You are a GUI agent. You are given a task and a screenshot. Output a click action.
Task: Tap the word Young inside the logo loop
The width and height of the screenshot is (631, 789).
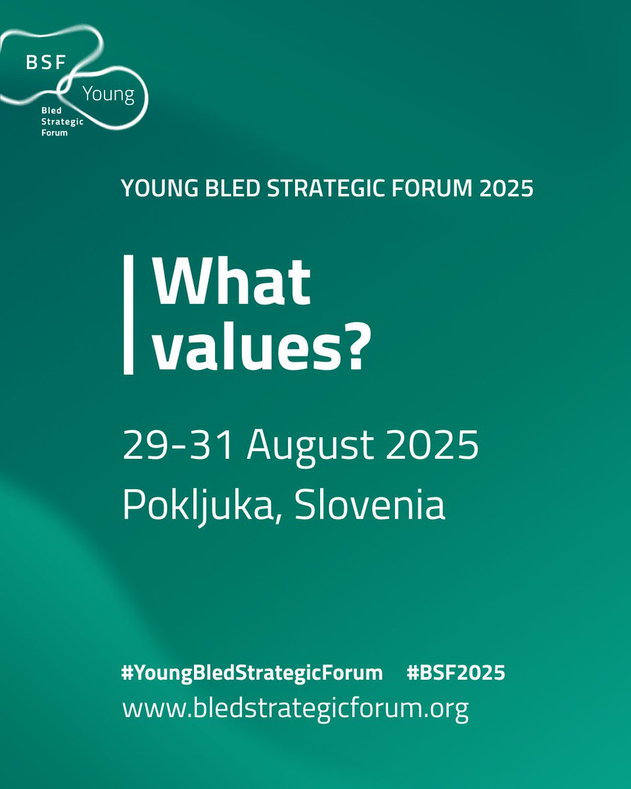[108, 94]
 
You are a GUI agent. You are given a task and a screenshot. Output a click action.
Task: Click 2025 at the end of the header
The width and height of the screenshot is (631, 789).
[505, 189]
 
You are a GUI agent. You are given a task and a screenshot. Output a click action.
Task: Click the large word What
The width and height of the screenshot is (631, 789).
[232, 282]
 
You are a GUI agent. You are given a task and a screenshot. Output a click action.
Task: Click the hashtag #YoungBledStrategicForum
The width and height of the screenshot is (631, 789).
[252, 673]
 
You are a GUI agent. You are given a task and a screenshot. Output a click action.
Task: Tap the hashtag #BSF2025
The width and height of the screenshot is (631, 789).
[456, 673]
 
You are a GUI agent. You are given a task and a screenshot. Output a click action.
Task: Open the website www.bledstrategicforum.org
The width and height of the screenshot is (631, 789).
[295, 709]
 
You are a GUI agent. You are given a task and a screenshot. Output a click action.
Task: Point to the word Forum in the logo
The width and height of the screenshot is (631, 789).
[55, 131]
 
